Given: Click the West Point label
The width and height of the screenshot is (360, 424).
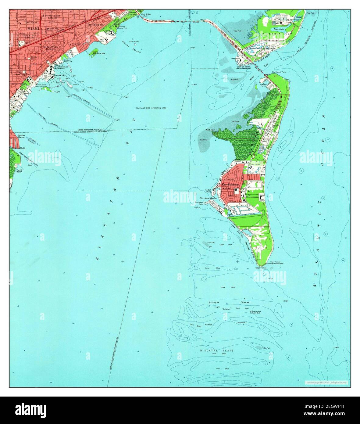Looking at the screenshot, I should click(210, 130).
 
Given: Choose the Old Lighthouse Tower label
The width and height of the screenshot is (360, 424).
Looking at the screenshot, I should click(275, 264).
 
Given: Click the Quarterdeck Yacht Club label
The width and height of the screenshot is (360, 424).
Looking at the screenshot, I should click(258, 313).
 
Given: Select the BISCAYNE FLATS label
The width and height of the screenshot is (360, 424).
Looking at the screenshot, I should click(217, 351).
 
